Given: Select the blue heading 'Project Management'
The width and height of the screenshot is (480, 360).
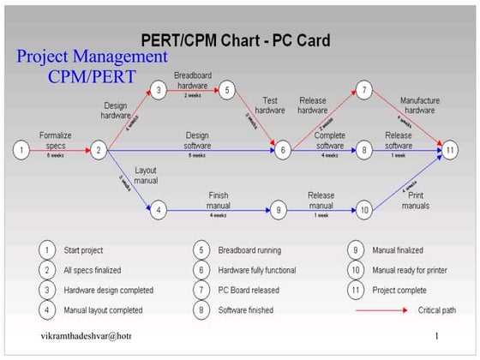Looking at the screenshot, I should pyautogui.click(x=93, y=57).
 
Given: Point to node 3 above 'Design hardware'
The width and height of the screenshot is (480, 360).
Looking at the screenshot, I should pyautogui.click(x=158, y=89).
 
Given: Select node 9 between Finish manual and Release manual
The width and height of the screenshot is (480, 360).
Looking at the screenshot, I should pyautogui.click(x=278, y=209).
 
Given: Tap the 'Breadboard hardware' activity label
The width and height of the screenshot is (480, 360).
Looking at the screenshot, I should pyautogui.click(x=192, y=80).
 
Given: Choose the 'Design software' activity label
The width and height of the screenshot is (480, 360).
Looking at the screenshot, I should pyautogui.click(x=196, y=139).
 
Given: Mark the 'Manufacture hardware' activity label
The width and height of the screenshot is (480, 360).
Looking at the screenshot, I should pyautogui.click(x=419, y=105).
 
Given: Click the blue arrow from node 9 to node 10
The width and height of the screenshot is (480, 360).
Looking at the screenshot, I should pyautogui.click(x=321, y=209).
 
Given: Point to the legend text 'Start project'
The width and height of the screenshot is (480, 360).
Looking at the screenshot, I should pyautogui.click(x=84, y=250).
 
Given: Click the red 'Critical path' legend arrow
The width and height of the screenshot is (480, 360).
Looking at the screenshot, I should pyautogui.click(x=382, y=309).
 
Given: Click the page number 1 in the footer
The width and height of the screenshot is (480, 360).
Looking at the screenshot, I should pyautogui.click(x=436, y=336).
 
